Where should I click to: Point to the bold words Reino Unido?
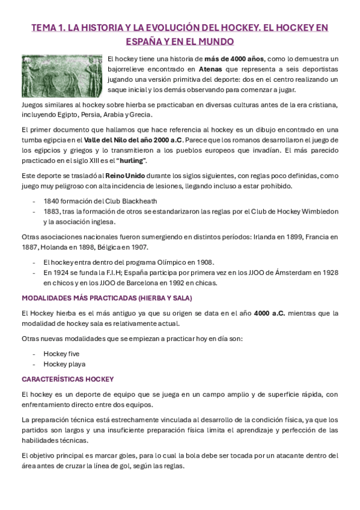[124, 176]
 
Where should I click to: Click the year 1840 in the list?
[52, 201]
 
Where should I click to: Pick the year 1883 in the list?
[52, 211]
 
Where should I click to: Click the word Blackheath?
[139, 201]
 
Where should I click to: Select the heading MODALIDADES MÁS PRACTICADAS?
[106, 298]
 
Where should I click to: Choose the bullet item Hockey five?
[61, 353]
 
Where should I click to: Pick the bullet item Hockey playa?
[64, 364]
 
